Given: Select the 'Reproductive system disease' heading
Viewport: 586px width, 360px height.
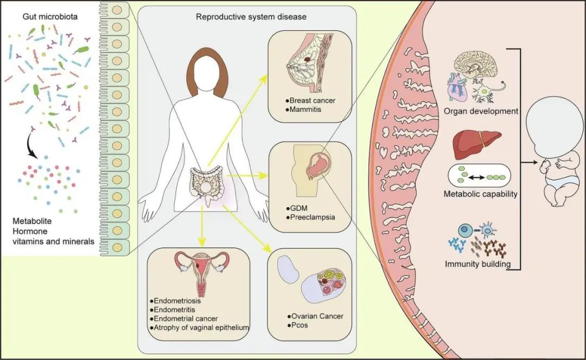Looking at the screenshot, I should pyautogui.click(x=251, y=17).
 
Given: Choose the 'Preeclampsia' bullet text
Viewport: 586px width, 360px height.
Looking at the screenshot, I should pyautogui.click(x=312, y=217).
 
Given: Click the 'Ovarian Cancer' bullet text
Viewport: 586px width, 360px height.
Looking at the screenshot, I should pyautogui.click(x=317, y=316).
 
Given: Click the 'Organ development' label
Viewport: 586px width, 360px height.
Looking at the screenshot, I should pyautogui.click(x=481, y=111).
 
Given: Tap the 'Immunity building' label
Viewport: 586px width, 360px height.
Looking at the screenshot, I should pyautogui.click(x=477, y=264).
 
